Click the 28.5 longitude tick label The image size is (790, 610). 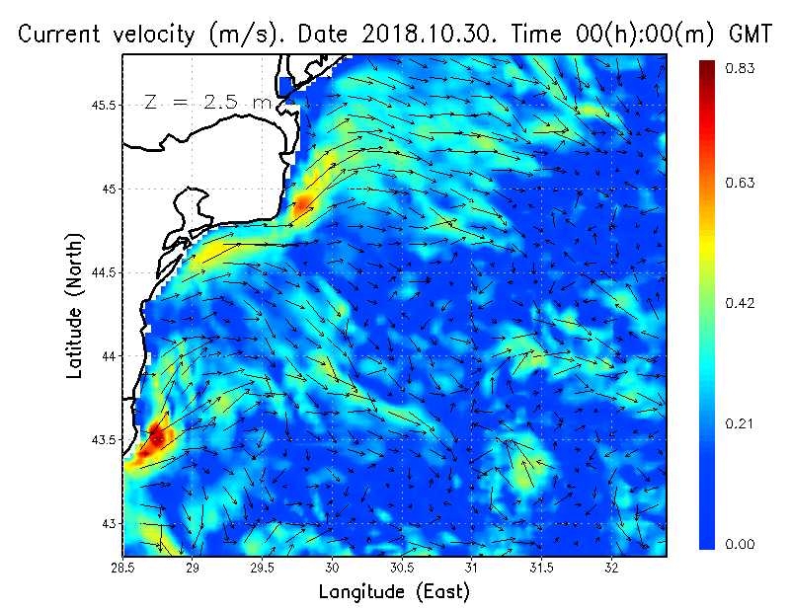coord(123,568)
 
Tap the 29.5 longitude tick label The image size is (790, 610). coord(263,568)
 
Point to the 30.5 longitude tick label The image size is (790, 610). coord(402,568)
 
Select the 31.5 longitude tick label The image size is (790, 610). coord(542,568)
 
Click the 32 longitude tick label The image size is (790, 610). coord(612,568)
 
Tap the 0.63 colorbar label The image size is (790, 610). coord(743,183)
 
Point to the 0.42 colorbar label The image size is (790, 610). coord(743,303)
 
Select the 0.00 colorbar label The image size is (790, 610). coord(743,544)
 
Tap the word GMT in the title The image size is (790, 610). coord(748,34)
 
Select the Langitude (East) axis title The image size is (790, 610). coord(394,592)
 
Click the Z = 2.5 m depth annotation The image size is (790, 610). coord(208,102)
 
